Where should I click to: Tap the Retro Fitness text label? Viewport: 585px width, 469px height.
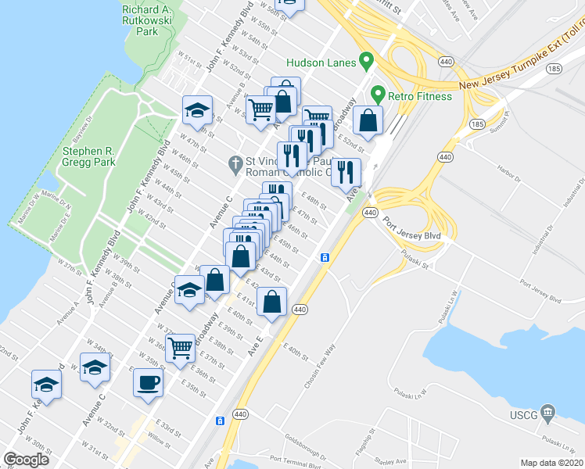pyautogui.click(x=422, y=96)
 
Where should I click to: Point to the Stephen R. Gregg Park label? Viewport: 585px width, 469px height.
pyautogui.click(x=89, y=156)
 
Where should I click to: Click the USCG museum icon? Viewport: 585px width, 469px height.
pyautogui.click(x=547, y=412)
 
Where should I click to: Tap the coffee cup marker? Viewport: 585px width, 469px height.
pyautogui.click(x=149, y=383)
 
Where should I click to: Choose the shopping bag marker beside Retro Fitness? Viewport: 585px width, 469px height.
pyautogui.click(x=368, y=120)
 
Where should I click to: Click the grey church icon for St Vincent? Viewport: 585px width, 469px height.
pyautogui.click(x=234, y=165)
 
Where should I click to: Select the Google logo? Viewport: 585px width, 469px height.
pyautogui.click(x=26, y=460)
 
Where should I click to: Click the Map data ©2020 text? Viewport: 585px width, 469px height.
pyautogui.click(x=552, y=463)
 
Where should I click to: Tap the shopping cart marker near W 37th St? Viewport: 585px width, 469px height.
pyautogui.click(x=181, y=347)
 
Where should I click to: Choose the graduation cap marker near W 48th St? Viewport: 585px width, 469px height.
pyautogui.click(x=197, y=110)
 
